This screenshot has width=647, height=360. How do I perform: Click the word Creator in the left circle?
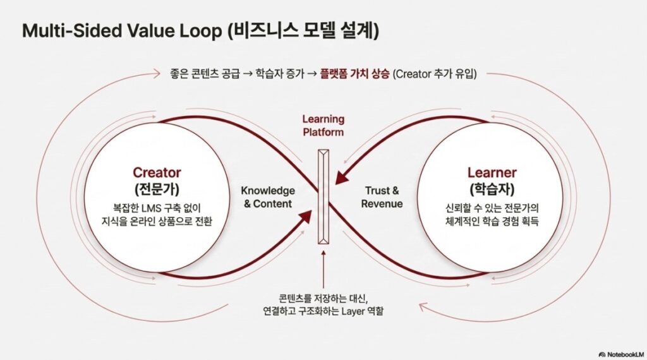157,172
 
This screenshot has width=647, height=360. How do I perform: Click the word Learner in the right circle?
492,172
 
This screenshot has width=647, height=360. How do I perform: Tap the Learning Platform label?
323,125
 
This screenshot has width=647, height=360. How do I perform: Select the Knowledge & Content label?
268,197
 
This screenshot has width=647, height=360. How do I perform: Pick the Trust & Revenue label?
382,197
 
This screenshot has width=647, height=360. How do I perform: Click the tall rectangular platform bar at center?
323,196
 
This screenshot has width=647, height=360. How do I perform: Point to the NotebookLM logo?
621,354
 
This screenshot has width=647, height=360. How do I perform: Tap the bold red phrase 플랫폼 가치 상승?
355,74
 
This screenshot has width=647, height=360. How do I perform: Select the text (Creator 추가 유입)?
435,74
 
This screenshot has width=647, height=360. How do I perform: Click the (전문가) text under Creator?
157,189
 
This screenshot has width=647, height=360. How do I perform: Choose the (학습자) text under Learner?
492,189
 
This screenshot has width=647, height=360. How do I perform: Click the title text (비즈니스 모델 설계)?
303,31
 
